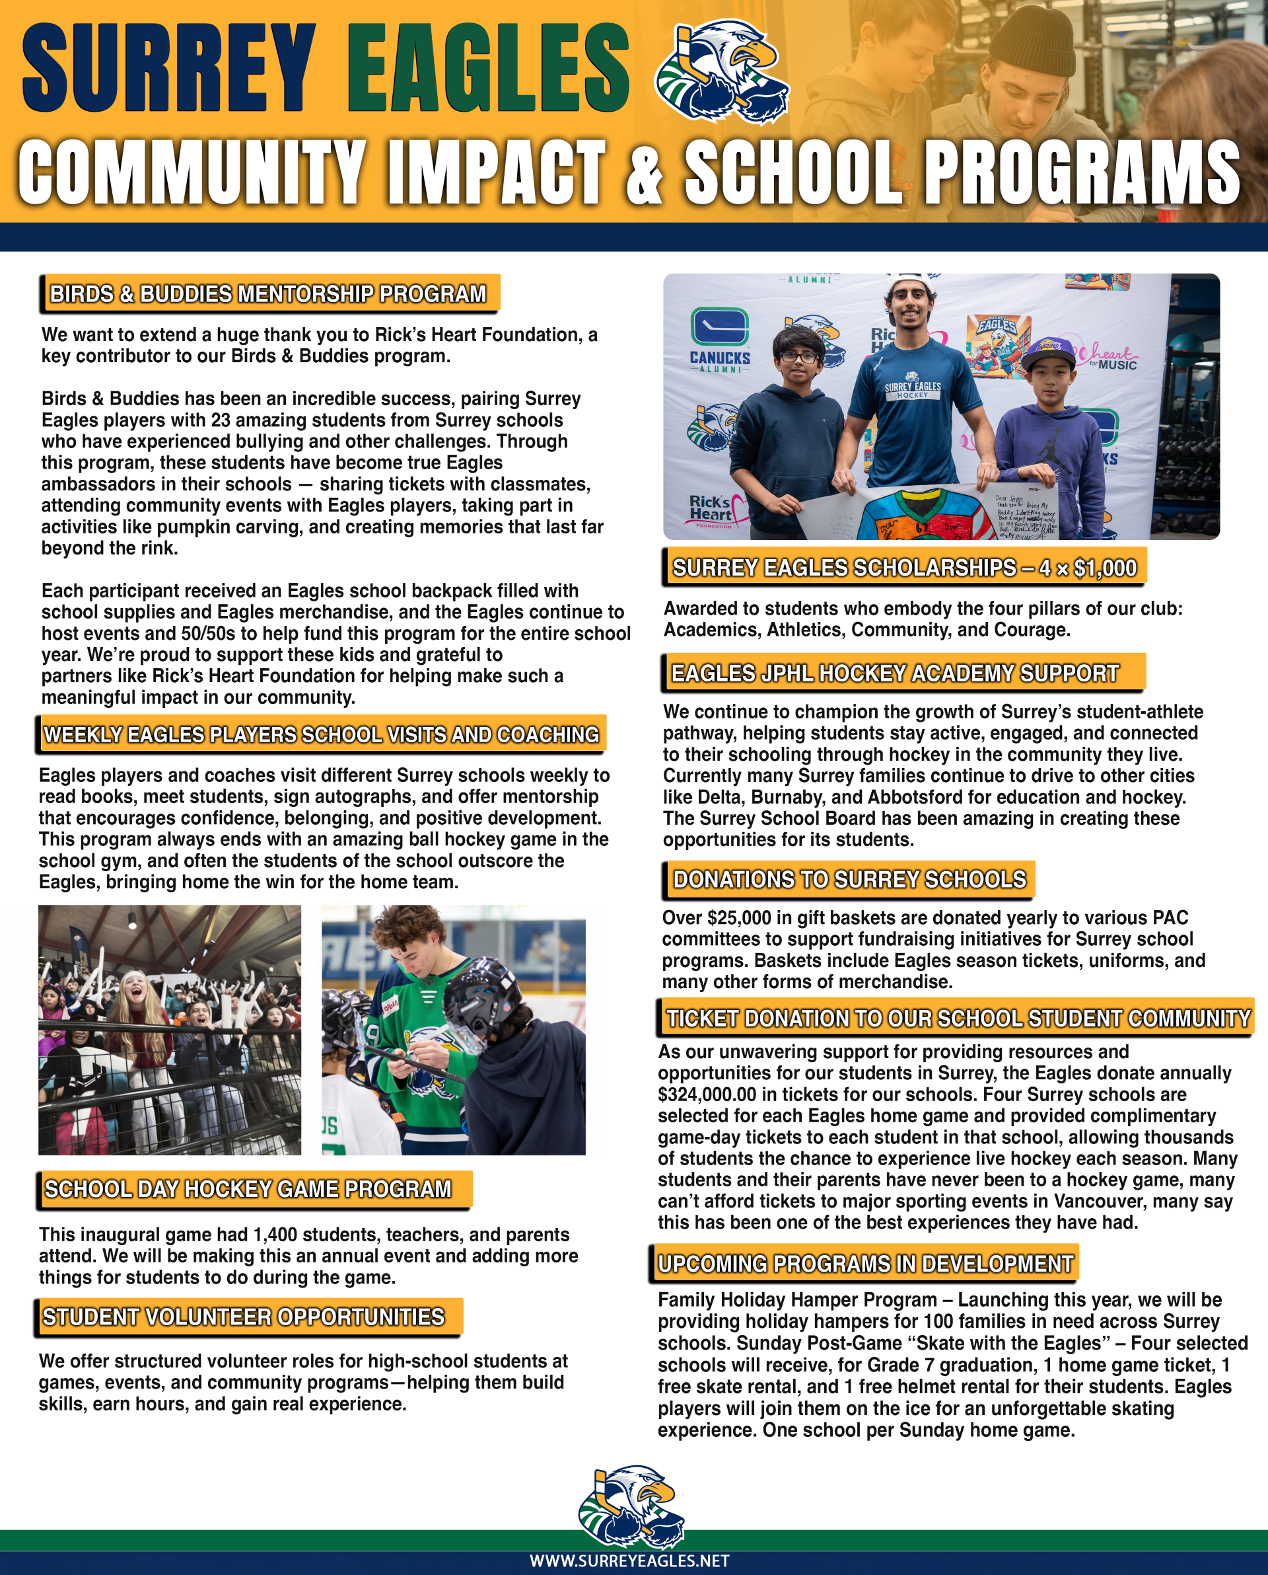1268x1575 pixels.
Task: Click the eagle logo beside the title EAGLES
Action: click(x=721, y=71)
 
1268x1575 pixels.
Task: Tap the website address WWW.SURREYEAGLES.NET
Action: click(x=629, y=1561)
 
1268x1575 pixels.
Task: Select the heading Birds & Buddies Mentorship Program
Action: click(x=268, y=294)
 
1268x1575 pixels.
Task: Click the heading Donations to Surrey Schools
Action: click(x=849, y=879)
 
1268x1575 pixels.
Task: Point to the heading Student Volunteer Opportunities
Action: click(x=243, y=1317)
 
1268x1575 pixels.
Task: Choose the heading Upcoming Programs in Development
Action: click(x=866, y=1264)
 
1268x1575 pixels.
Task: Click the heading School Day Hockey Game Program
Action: click(x=248, y=1189)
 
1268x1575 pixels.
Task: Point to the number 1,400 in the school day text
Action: click(x=275, y=1235)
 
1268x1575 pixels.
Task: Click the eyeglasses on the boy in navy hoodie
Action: click(x=799, y=358)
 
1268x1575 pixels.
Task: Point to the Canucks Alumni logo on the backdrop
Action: click(x=721, y=339)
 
